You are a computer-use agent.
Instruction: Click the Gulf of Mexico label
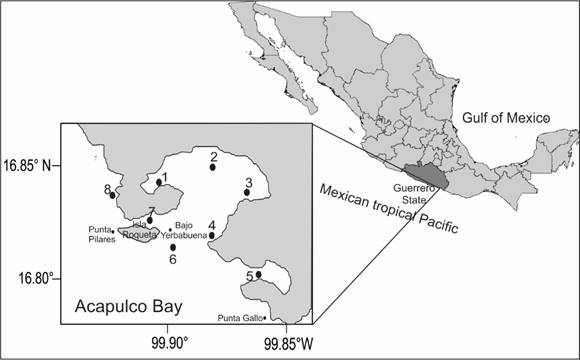[x=506, y=118]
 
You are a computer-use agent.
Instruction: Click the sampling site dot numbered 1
[x=158, y=182]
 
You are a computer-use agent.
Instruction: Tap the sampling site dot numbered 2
[x=213, y=167]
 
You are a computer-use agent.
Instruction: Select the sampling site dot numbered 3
[x=247, y=192]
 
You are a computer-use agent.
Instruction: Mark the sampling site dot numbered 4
[x=212, y=236]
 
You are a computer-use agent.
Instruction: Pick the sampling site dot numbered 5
[x=258, y=275]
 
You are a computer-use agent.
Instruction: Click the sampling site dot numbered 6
[x=173, y=247]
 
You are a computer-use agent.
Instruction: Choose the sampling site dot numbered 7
[x=150, y=220]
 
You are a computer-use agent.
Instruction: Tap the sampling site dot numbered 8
[x=113, y=195]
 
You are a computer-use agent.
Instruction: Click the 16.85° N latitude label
[x=30, y=164]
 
